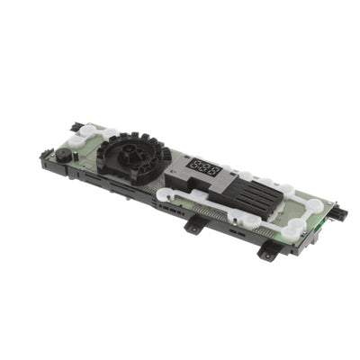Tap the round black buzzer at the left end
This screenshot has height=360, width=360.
(x=64, y=155)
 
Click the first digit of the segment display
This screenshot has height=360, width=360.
(x=195, y=165)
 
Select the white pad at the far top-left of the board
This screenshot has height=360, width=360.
(x=86, y=131)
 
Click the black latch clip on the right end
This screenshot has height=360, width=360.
(x=340, y=212)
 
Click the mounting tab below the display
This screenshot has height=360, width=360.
(x=193, y=226)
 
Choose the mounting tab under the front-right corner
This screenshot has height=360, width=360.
(x=265, y=253)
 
